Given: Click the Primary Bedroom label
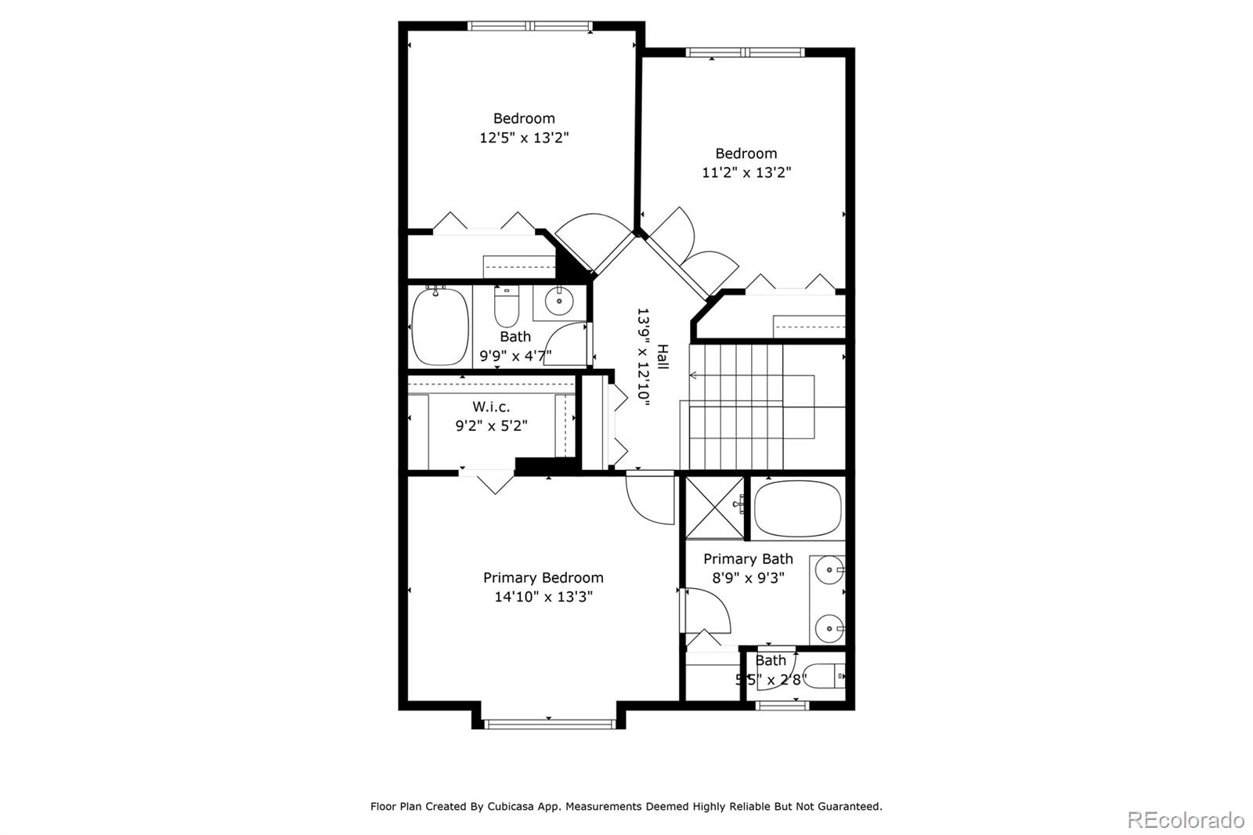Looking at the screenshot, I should pos(543,578).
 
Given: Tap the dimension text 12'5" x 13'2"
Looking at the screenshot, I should pos(524,138).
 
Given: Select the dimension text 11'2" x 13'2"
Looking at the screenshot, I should pos(746,172).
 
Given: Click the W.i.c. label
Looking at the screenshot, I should pos(491,407).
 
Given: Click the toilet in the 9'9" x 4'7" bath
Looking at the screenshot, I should pos(507,307).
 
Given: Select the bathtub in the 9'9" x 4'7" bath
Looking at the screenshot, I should pos(439,326).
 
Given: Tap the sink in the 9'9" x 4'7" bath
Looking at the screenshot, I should pos(559,300).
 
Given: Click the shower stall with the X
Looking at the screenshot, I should pos(714,507).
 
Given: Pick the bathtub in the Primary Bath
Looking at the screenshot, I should pos(797,508).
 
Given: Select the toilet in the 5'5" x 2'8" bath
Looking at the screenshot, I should pos(825,675).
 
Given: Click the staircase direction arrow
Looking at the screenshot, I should pos(694,375).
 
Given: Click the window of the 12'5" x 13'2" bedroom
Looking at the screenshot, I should pos(530,26).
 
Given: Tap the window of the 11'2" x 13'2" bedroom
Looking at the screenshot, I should pos(745,53).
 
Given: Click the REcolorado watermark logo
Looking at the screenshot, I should pos(1186,820).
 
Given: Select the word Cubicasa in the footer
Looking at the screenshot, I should pos(512,806).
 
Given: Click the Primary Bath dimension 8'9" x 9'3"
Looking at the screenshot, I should pos(748,578).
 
